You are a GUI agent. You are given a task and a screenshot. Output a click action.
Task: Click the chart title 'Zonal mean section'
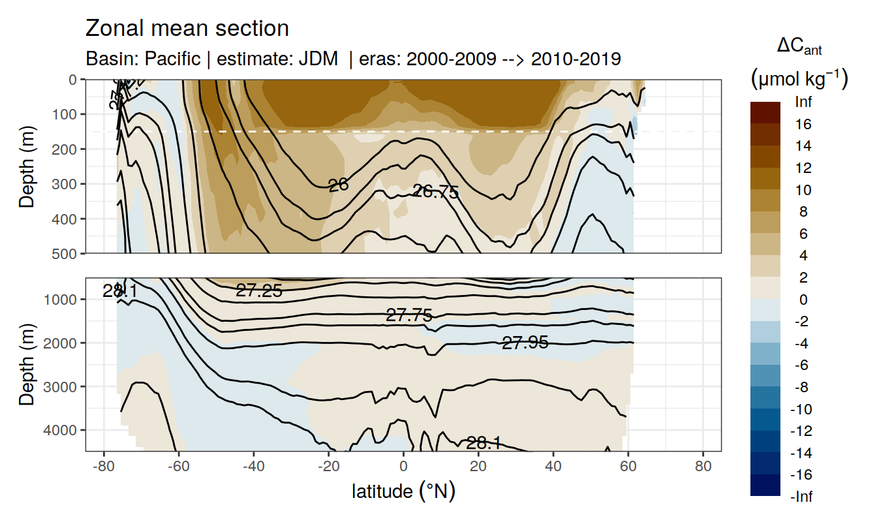[187, 29]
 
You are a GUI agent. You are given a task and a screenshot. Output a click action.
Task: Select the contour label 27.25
[259, 292]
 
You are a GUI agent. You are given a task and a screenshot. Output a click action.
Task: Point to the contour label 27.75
[409, 316]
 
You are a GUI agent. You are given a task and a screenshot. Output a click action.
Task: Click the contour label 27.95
[525, 342]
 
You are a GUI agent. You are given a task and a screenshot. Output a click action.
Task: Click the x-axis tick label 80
[703, 467]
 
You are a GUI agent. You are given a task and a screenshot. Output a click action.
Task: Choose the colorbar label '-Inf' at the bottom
[802, 497]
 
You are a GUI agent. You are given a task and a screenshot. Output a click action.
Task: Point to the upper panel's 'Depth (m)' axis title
[27, 166]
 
